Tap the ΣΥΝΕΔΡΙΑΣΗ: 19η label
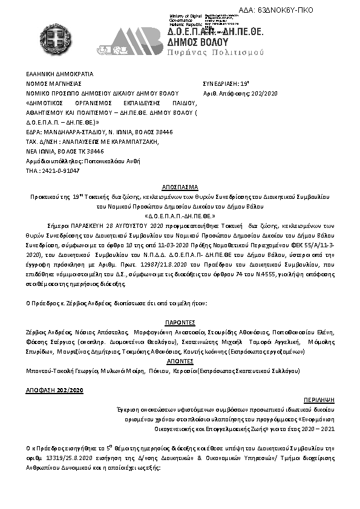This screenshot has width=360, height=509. click(x=223, y=83)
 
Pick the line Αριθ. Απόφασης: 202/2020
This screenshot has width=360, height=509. click(x=238, y=93)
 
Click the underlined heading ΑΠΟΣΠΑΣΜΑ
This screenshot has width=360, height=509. click(x=180, y=188)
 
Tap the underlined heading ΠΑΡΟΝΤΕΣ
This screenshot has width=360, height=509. click(x=180, y=323)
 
